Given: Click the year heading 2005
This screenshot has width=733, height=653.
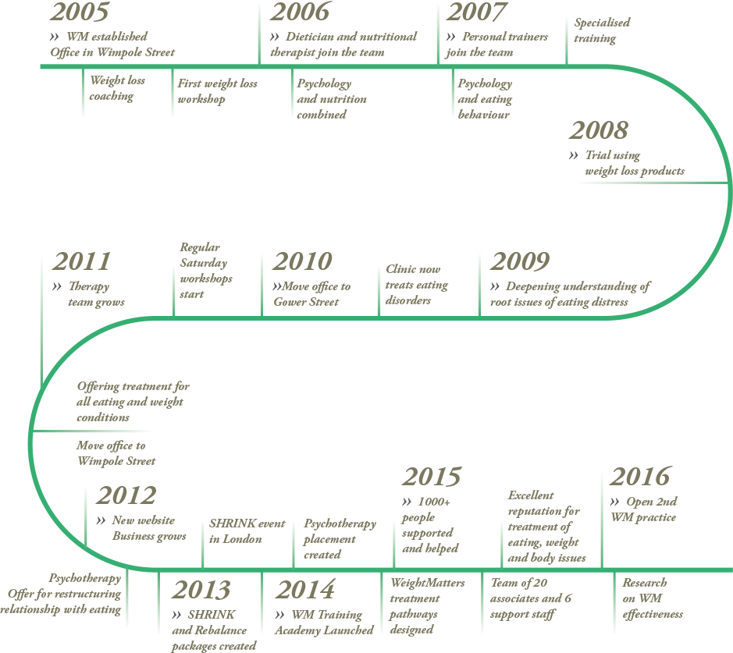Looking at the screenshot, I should [79, 13].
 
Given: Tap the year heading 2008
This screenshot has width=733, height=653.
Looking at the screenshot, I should [599, 131].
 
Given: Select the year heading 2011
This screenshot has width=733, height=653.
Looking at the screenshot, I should [81, 262].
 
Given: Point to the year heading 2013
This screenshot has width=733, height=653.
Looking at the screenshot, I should [201, 591].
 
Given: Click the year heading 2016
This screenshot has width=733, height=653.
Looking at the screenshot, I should [640, 477].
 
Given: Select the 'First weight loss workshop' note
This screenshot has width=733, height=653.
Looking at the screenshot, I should [217, 91].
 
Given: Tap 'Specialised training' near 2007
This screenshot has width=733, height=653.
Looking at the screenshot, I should [602, 30].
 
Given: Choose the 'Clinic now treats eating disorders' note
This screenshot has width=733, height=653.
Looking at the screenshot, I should [417, 285].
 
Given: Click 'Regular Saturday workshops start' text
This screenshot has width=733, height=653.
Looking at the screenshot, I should [207, 271].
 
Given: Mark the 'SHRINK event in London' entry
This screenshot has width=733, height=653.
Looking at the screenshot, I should [247, 531].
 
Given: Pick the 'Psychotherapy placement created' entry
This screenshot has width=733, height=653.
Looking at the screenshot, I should [340, 539].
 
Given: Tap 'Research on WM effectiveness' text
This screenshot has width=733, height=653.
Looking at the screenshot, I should [653, 598].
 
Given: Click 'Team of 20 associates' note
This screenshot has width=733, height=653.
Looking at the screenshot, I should [531, 598].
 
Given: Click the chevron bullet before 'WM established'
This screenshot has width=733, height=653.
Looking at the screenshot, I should [55, 37].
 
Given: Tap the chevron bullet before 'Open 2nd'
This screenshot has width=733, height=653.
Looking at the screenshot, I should [615, 502].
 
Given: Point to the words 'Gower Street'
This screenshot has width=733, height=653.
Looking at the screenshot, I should [306, 302].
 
